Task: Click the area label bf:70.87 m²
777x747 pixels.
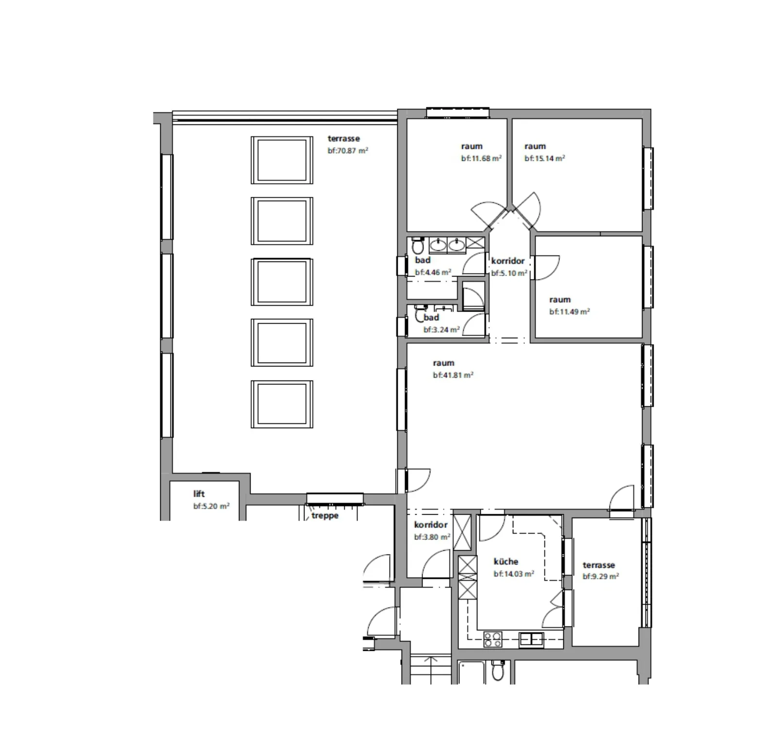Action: coord(348,151)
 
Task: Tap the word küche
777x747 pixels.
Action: coord(506,561)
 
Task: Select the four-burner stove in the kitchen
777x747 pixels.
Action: coord(493,639)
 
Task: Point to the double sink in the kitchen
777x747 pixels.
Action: coord(531,639)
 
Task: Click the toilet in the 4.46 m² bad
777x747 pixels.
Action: coord(417,246)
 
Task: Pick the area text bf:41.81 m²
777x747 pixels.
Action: coord(453,375)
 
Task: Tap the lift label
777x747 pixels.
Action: coord(199,494)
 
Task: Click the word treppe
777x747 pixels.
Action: coord(325,516)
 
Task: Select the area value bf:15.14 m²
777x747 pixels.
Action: coord(544,158)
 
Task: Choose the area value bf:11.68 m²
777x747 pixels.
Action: coord(481,158)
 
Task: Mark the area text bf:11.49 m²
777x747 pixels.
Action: coord(570,312)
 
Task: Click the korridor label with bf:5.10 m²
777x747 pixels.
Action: coord(508,261)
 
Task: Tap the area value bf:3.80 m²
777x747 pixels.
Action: coord(432,537)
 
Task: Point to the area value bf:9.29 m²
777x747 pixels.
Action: coord(601,577)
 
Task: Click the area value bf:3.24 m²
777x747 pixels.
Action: coord(441,330)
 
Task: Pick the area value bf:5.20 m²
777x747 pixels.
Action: coord(211,506)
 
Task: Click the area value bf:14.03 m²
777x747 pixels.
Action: coord(514,574)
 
